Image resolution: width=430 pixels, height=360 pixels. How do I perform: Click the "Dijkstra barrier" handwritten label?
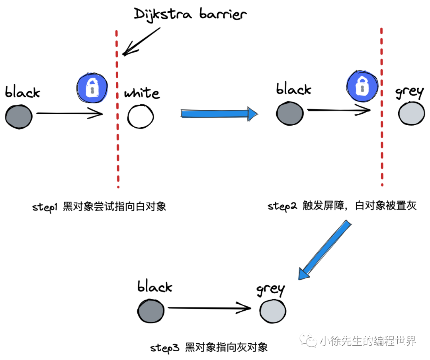coord(190,15)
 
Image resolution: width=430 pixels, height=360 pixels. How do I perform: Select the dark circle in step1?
coord(19,116)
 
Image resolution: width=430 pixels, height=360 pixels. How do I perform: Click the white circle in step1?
coord(141,116)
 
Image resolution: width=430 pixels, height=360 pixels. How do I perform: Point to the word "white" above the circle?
coord(142,93)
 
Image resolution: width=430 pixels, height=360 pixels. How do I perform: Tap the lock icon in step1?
coord(92,88)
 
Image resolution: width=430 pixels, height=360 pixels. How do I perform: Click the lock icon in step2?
coord(361,86)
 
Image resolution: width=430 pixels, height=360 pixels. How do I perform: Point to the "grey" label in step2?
coord(409,92)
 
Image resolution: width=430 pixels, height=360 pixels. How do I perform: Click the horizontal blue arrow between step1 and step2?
coord(219,113)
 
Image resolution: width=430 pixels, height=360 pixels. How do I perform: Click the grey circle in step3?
coord(273,310)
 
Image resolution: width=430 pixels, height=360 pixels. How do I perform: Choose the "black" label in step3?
coord(154,286)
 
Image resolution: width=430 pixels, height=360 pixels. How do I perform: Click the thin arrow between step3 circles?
coord(209,307)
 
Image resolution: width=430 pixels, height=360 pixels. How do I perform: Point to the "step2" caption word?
coord(282,206)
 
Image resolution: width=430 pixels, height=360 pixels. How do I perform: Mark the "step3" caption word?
coord(165,348)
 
